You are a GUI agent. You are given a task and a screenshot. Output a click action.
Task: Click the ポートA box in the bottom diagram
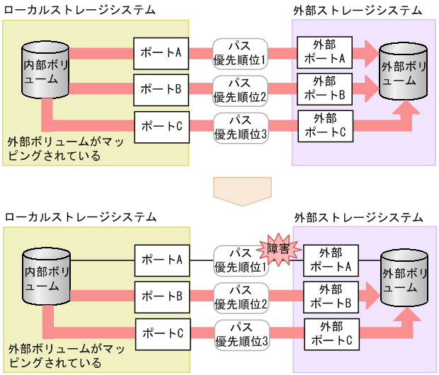pos(163,260)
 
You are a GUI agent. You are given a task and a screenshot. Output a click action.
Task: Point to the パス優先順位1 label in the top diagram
pos(239,53)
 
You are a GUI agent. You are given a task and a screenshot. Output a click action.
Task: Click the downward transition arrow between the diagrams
pos(242,190)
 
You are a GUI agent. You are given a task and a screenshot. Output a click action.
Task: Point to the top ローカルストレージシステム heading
pos(80,9)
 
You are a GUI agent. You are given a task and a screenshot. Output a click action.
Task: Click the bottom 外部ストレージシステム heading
pos(358,217)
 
